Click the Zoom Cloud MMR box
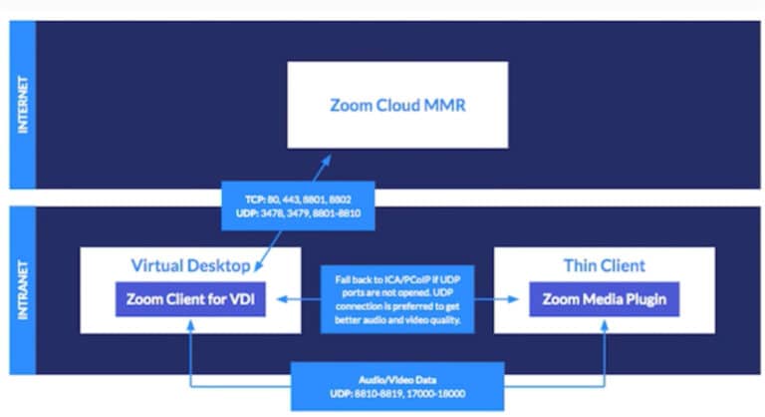397,105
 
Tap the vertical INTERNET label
23,105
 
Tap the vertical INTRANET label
23,290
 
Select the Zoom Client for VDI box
191,299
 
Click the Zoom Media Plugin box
605,299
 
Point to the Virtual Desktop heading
191,265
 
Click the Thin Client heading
605,265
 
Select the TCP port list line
298,200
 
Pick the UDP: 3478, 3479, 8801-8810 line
298,213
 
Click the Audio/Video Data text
397,380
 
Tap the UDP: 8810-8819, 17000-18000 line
397,393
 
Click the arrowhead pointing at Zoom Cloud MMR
327,161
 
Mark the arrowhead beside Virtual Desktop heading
259,266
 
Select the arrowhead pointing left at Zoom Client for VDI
283,299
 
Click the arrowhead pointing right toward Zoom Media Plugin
513,299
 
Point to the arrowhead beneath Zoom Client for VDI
191,325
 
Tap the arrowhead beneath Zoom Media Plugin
605,325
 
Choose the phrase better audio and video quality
397,320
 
